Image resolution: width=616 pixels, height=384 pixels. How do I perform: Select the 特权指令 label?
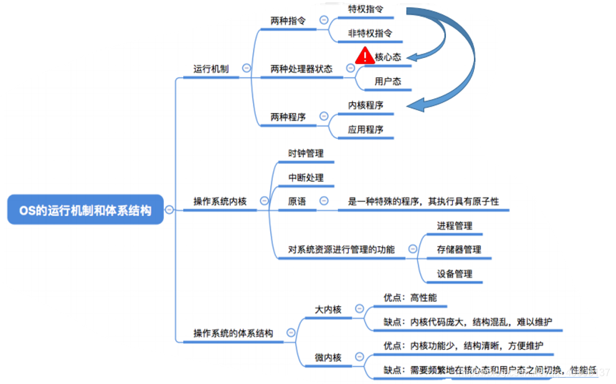pos(366,9)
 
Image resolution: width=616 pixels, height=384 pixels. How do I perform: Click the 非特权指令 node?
pos(370,33)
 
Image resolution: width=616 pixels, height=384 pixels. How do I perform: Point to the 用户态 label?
pos(387,81)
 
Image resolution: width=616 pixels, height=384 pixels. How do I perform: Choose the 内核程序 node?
pos(366,105)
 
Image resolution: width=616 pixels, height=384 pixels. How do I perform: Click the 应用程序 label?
pos(366,130)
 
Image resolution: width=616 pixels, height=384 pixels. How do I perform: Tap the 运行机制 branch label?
pos(211,69)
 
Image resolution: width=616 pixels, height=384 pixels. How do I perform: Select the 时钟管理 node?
pos(306,153)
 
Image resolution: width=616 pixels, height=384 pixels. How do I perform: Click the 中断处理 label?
pos(306,178)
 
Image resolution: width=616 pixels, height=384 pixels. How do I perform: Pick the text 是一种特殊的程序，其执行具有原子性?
pos(423,201)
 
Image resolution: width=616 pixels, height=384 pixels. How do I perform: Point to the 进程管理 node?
pos(455,226)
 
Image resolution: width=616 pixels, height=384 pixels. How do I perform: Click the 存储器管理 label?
pos(459,249)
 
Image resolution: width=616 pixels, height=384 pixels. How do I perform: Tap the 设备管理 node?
pos(455,274)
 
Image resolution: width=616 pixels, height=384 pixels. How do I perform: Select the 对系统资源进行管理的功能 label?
pos(341,249)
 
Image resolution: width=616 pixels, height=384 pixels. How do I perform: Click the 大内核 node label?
pos(328,309)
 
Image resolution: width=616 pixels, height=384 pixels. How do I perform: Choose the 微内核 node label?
pos(328,357)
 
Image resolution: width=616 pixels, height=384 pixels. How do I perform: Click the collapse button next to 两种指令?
pos(323,20)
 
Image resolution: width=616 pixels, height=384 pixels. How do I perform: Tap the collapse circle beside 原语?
pos(323,201)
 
